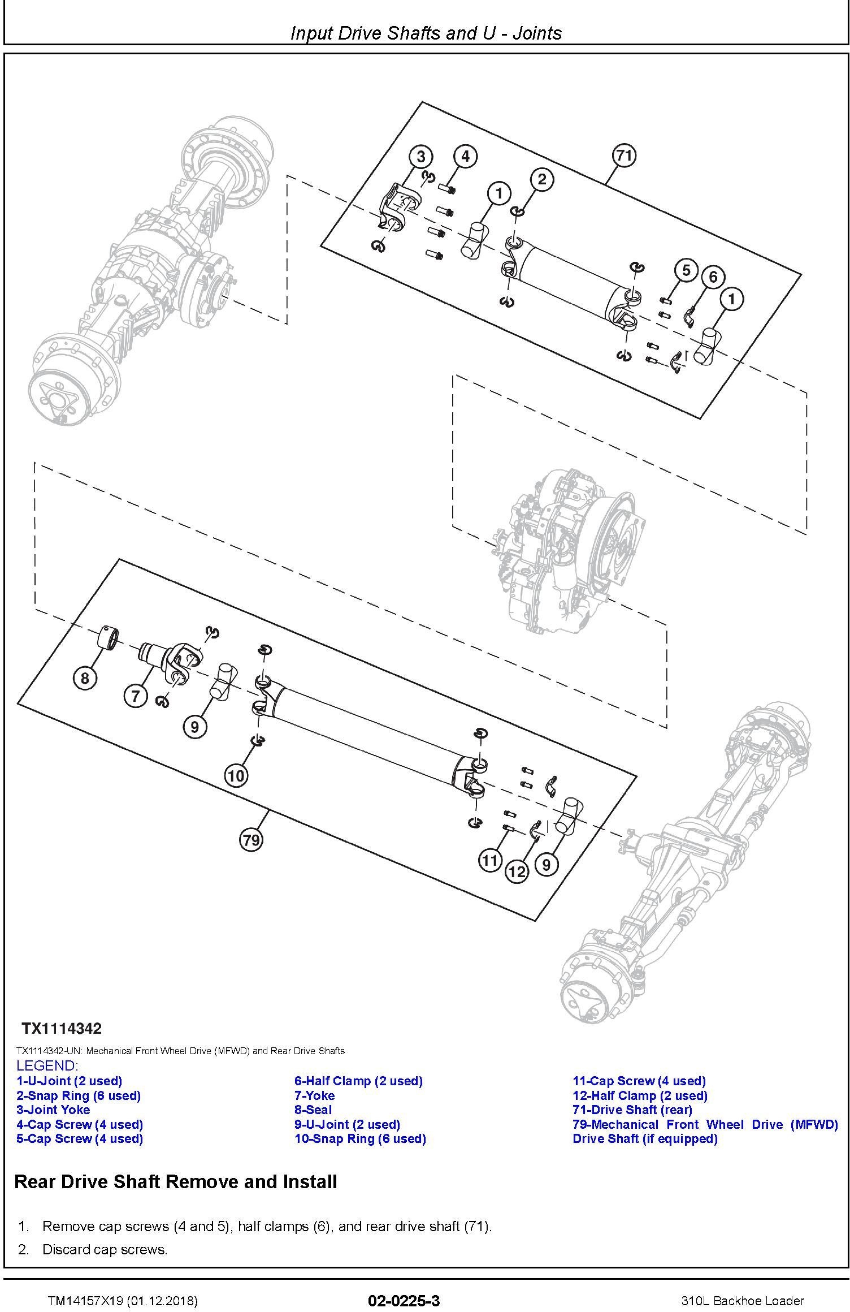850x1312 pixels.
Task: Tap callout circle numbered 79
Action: pyautogui.click(x=251, y=840)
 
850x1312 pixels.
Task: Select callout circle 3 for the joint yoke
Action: pyautogui.click(x=421, y=156)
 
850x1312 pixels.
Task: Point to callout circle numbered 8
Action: pyautogui.click(x=85, y=677)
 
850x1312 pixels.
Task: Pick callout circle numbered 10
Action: pyautogui.click(x=236, y=775)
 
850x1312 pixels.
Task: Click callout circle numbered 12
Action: pyautogui.click(x=517, y=871)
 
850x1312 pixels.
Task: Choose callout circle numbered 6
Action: pyautogui.click(x=713, y=277)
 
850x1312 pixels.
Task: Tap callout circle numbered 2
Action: pyautogui.click(x=542, y=180)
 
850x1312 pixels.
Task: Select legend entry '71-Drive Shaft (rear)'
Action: pyautogui.click(x=632, y=1110)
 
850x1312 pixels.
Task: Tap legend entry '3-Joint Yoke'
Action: pyautogui.click(x=53, y=1110)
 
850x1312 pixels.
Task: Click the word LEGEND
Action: pyautogui.click(x=47, y=1065)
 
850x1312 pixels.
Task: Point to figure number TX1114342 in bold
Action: pyautogui.click(x=62, y=1028)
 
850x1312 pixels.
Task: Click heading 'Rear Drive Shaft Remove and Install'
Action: pyautogui.click(x=176, y=1181)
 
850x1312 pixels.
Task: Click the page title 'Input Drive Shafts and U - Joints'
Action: pyautogui.click(x=426, y=33)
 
